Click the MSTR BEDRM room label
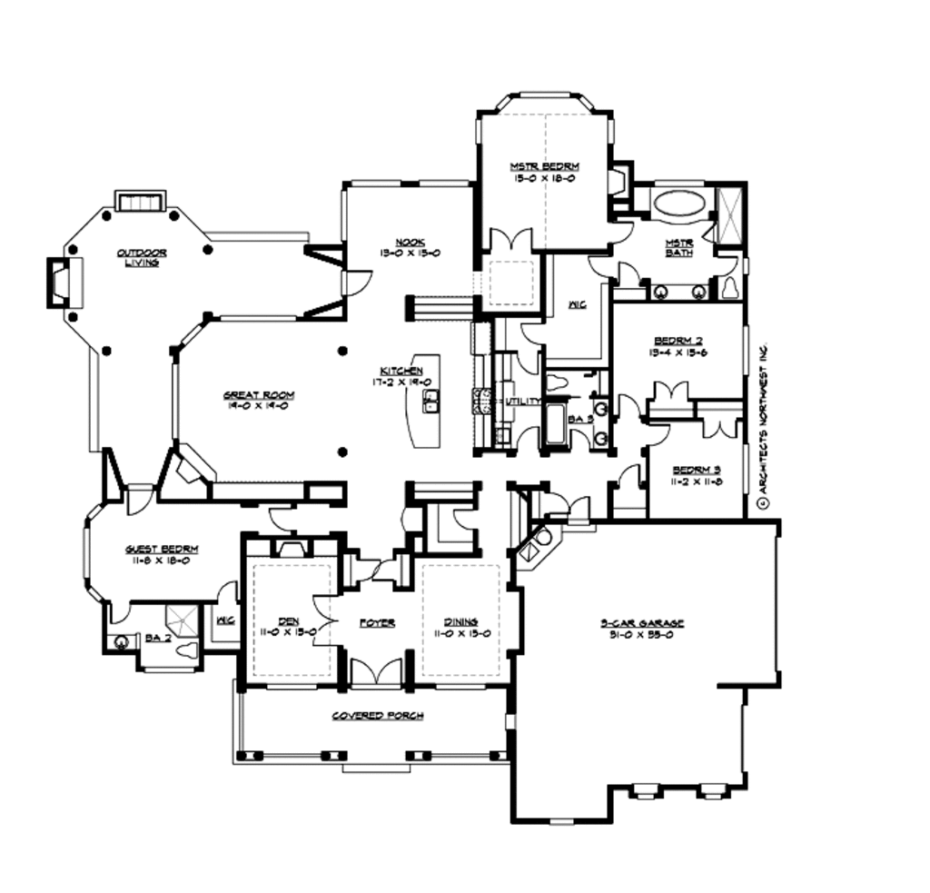pyautogui.click(x=544, y=166)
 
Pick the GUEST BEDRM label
pyautogui.click(x=162, y=550)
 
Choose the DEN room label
pyautogui.click(x=290, y=621)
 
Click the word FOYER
pyautogui.click(x=377, y=623)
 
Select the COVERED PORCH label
pyautogui.click(x=377, y=716)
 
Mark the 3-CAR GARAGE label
pyautogui.click(x=641, y=623)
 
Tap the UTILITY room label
pyautogui.click(x=524, y=401)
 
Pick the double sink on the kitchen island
pyautogui.click(x=431, y=401)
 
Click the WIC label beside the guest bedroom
pyautogui.click(x=225, y=621)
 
